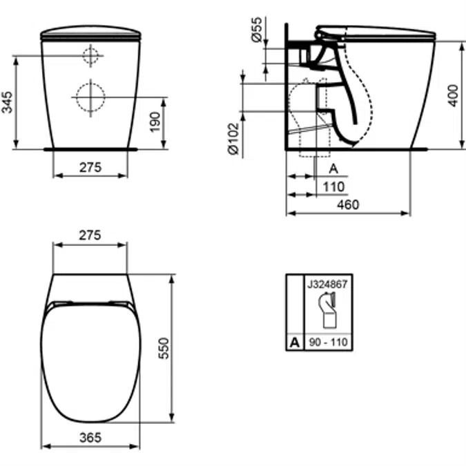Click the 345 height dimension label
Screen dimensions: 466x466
(x=7, y=102)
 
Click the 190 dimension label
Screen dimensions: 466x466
(x=155, y=122)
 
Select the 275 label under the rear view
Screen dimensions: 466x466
(x=90, y=168)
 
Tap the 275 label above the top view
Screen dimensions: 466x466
(x=90, y=235)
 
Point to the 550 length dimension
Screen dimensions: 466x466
(x=164, y=348)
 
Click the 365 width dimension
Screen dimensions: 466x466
(x=90, y=438)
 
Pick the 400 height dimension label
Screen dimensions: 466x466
(x=453, y=95)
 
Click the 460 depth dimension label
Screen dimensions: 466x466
(x=348, y=205)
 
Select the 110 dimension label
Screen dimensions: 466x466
(x=333, y=187)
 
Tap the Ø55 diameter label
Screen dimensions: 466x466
(x=257, y=29)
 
